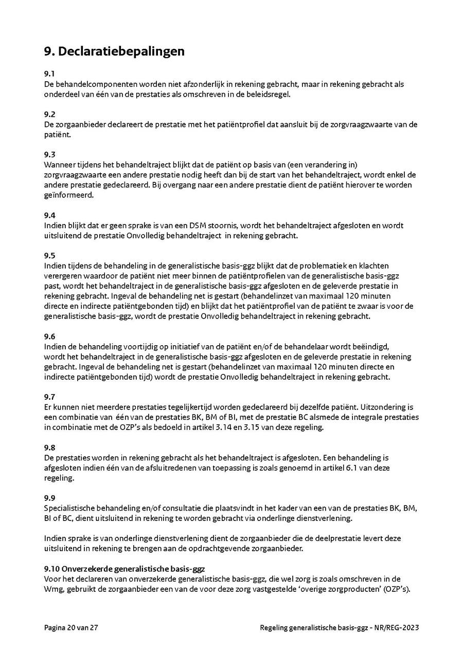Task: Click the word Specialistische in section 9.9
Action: pos(70,508)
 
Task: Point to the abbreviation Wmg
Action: pos(54,589)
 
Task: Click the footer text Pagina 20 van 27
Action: pos(71,627)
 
